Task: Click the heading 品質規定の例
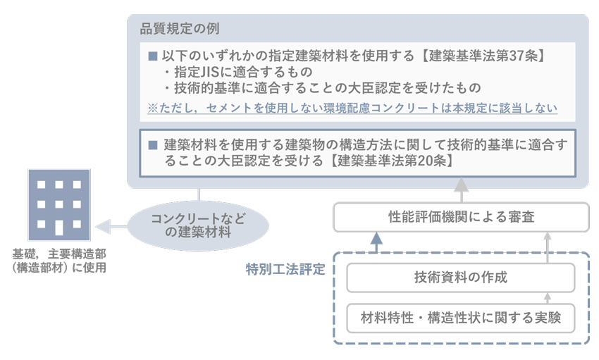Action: pos(180,29)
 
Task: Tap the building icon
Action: pos(59,205)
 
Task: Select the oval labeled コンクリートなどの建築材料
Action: pos(198,225)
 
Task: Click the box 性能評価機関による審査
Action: pos(461,217)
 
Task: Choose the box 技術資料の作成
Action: pos(461,278)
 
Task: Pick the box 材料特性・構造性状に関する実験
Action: pos(461,318)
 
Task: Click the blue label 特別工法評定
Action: pos(285,270)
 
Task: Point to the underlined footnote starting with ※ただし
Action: pos(352,108)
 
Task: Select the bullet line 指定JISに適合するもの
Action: pos(239,72)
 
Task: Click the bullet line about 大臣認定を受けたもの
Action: pos(323,88)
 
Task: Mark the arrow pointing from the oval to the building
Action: pos(111,227)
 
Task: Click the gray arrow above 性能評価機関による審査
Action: pos(462,190)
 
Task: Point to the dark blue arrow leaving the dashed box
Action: pos(377,242)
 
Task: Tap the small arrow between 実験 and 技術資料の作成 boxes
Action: pos(548,298)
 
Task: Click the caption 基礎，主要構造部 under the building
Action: pos(59,254)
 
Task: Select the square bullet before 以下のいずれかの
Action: pos(153,56)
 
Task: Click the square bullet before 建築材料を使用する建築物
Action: pos(153,145)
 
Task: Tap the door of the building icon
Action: pos(59,228)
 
